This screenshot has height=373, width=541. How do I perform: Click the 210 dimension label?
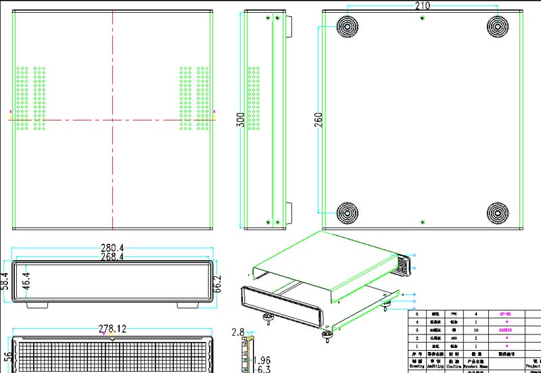(422, 5)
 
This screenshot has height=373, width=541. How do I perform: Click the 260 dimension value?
(319, 119)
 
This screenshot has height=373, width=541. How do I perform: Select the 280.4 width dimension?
(112, 248)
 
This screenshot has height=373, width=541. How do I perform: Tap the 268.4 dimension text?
(112, 257)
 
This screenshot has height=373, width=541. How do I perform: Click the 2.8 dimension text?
(237, 332)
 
